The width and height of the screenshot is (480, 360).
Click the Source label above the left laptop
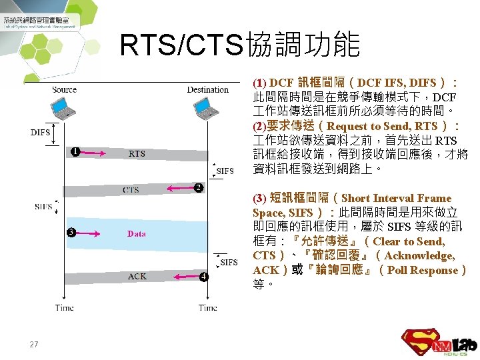(64, 90)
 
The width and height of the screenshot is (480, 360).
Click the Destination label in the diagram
(207, 90)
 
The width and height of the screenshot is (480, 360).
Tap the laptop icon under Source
(65, 109)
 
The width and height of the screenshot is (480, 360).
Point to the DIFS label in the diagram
(40, 132)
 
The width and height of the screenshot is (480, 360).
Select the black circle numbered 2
(198, 188)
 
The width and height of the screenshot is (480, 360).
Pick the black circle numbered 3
(71, 233)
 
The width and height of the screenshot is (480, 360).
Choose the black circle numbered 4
(203, 276)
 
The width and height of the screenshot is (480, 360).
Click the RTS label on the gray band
(137, 153)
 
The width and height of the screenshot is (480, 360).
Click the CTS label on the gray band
(131, 190)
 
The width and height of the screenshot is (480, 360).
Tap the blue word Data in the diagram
(137, 233)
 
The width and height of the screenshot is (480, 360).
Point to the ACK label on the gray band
(137, 276)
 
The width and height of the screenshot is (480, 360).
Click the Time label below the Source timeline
(65, 307)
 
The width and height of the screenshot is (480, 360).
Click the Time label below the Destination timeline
(207, 307)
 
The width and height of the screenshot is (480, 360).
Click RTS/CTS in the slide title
(181, 45)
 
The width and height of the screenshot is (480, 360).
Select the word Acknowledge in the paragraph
(419, 255)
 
